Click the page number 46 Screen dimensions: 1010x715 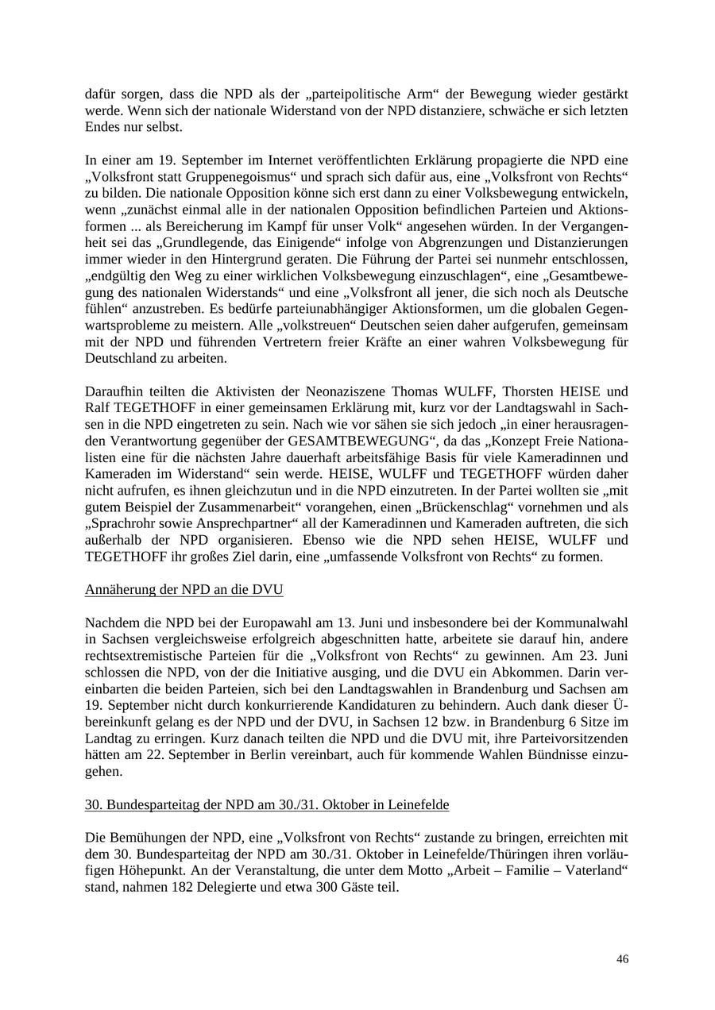point(622,959)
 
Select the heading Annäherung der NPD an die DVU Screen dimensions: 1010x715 point(184,589)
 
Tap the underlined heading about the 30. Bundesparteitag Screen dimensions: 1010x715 point(267,804)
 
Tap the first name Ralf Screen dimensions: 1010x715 point(99,407)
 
